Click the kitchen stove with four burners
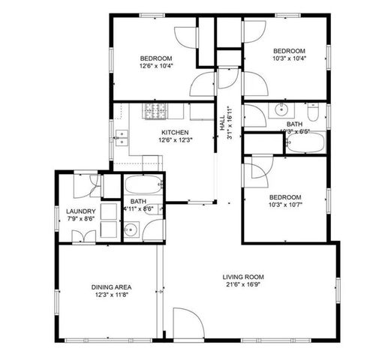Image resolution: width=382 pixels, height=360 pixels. [x=155, y=112]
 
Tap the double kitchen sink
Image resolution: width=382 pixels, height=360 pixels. [x=122, y=139]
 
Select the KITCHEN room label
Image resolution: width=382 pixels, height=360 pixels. [x=173, y=132]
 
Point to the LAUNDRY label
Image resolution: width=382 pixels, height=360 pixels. [x=79, y=211]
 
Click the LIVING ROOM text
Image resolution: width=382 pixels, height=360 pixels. [x=243, y=277]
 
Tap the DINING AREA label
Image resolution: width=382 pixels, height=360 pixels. [x=112, y=287]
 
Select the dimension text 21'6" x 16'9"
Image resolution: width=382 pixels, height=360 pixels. [x=243, y=286]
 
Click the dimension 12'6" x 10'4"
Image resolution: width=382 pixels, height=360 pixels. [x=156, y=66]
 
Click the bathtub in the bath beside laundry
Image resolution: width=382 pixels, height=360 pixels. [x=143, y=185]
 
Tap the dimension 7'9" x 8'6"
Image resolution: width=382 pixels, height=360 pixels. [x=79, y=220]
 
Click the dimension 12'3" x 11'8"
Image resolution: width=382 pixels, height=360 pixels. [x=112, y=295]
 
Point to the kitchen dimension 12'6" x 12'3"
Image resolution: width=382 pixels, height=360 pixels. [x=173, y=139]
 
